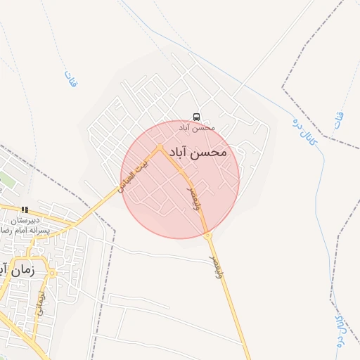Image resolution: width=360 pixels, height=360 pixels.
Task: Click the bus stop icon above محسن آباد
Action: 196,117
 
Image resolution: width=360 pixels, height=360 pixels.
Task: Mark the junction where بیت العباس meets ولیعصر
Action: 160,148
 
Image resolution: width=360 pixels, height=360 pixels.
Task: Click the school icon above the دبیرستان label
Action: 25,209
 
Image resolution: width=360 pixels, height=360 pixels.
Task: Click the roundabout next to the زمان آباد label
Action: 53,272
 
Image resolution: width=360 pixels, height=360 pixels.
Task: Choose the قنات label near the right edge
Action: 340,117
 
